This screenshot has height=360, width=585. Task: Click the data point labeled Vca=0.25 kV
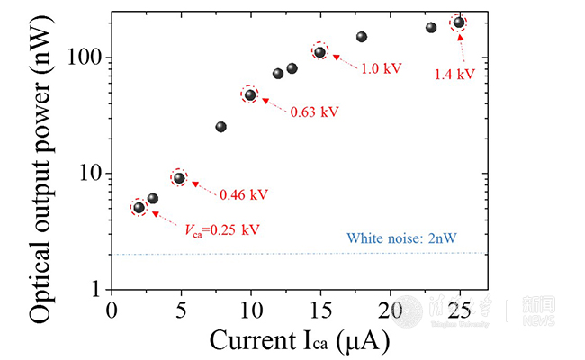point(139,208)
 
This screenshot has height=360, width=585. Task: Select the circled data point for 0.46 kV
point(179,177)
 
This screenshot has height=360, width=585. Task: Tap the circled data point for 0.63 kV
point(250,94)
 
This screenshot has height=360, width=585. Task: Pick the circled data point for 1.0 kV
point(319,52)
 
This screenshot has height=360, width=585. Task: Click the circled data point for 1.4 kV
point(459,22)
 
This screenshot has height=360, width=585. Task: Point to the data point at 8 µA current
point(221,127)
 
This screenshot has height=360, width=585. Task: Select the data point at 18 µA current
point(362,37)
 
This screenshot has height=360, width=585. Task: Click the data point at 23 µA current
point(431,28)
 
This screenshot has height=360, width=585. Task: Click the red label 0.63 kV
point(313,112)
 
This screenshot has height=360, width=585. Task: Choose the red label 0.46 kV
point(243,194)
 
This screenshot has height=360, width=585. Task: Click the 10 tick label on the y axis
point(92,174)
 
